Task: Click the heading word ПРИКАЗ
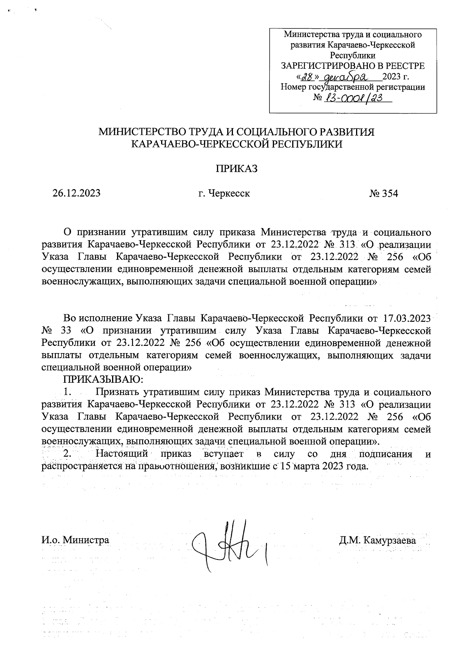[237, 169]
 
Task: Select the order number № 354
[383, 193]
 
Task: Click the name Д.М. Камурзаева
[377, 540]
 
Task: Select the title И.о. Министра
[75, 540]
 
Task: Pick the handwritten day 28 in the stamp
[307, 77]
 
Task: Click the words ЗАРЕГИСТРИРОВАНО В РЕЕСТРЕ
[352, 66]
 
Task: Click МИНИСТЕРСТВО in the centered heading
[140, 132]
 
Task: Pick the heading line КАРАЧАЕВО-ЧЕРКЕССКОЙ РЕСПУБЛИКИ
[236, 144]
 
